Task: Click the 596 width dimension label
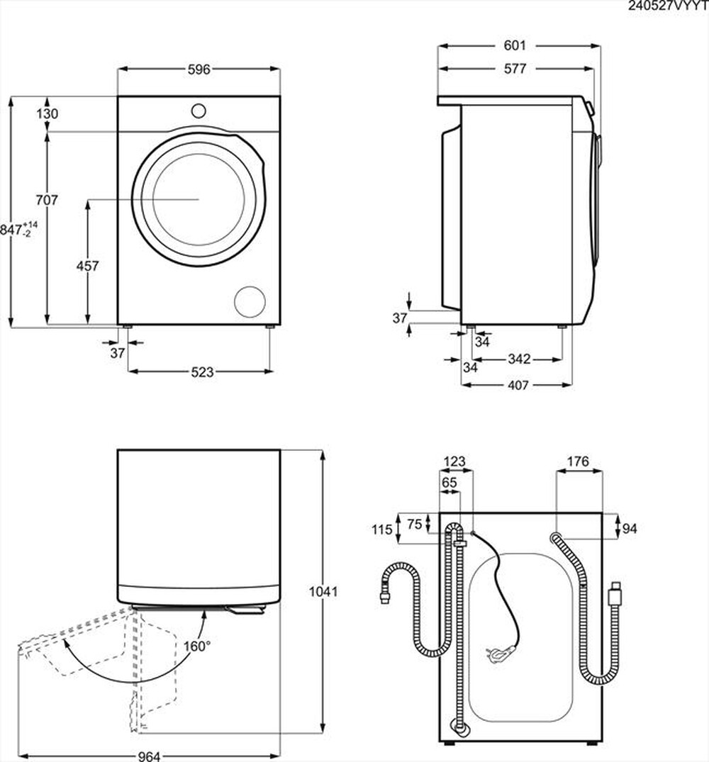click(199, 69)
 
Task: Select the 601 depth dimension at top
click(515, 45)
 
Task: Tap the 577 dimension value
click(515, 69)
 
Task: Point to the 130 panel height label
click(48, 113)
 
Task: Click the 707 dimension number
click(47, 201)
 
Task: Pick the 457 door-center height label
click(87, 266)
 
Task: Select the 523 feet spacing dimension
click(202, 371)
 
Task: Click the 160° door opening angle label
click(197, 646)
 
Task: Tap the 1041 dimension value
click(324, 590)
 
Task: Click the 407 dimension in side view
click(518, 385)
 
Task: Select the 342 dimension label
click(520, 359)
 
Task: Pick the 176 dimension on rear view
click(578, 462)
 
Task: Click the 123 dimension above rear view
click(454, 462)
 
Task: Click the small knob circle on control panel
click(199, 111)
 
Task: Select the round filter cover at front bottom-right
click(250, 301)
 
